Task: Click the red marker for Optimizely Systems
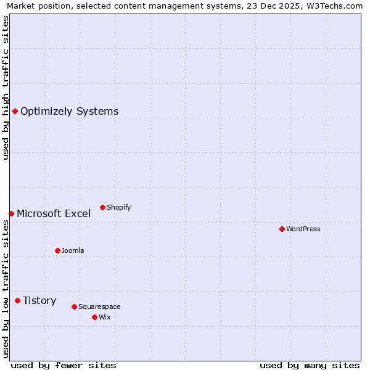click(x=15, y=111)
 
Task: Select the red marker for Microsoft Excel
click(x=11, y=213)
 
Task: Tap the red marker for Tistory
click(x=17, y=300)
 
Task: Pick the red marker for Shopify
click(x=102, y=207)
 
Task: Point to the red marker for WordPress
click(x=282, y=229)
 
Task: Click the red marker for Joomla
click(x=57, y=250)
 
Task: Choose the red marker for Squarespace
click(x=74, y=306)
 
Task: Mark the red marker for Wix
click(x=94, y=317)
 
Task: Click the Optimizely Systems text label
click(x=70, y=112)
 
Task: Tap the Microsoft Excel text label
click(x=54, y=214)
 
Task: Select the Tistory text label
click(x=39, y=301)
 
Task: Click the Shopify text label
click(x=118, y=208)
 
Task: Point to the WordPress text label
click(x=303, y=229)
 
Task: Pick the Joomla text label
click(x=73, y=251)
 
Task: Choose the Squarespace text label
click(x=99, y=307)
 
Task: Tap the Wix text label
click(x=105, y=318)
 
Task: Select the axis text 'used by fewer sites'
click(x=64, y=365)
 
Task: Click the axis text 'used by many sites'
click(x=310, y=365)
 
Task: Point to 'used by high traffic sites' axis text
click(x=6, y=88)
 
